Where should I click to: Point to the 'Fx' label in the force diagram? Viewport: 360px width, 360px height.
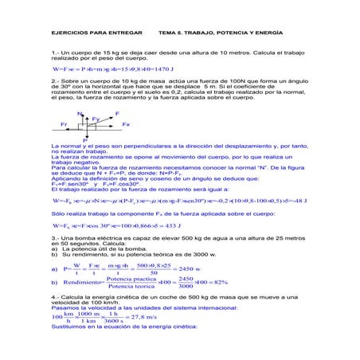(x=126, y=125)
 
